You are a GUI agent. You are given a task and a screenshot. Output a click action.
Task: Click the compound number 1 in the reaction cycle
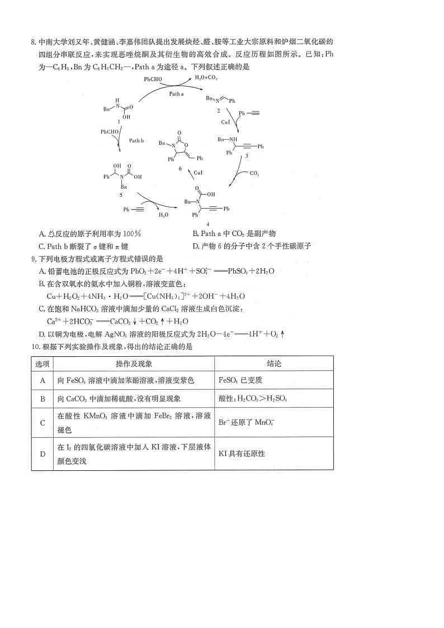point(119,122)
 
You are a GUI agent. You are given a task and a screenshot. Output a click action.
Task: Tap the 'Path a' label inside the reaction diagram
point(177,94)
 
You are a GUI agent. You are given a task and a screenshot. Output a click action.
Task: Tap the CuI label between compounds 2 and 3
point(225,121)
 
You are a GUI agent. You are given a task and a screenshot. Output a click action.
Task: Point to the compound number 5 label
point(120,194)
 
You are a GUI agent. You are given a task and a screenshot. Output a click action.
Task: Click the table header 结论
point(274,363)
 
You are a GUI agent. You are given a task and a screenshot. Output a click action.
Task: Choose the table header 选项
point(42,363)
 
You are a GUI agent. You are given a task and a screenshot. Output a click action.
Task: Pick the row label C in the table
point(42,423)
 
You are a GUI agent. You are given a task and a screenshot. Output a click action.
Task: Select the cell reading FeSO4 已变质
point(240,381)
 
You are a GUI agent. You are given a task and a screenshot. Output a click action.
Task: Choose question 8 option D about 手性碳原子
point(252,246)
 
